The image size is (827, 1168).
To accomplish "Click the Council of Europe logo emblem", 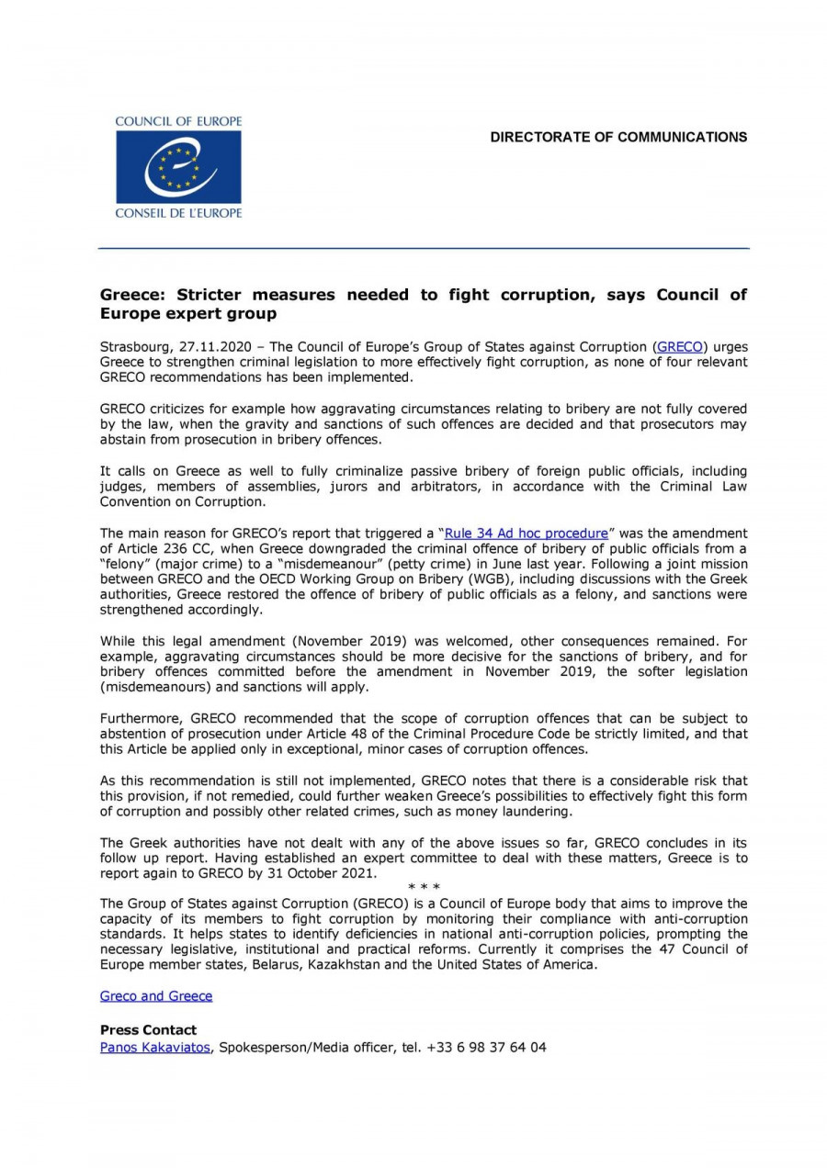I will click(x=178, y=166).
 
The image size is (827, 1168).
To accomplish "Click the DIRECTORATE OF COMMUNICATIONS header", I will click(x=618, y=138).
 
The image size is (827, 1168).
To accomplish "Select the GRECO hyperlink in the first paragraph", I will click(x=680, y=347).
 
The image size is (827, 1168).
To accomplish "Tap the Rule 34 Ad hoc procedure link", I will click(x=527, y=533).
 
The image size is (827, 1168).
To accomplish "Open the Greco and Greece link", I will click(x=156, y=995).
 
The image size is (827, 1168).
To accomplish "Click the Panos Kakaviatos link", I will click(x=155, y=1047).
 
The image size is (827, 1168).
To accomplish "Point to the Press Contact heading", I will click(x=148, y=1030).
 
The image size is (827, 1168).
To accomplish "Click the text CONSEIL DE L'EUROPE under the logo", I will click(x=178, y=213).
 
